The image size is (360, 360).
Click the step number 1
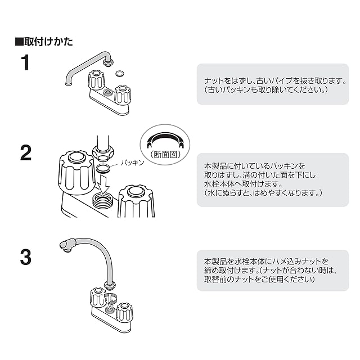pyautogui.click(x=25, y=62)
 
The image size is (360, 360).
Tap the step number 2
pyautogui.click(x=25, y=153)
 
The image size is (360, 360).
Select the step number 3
pyautogui.click(x=25, y=258)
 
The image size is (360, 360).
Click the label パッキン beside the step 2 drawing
pyautogui.click(x=133, y=162)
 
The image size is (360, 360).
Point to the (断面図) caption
pyautogui.click(x=165, y=152)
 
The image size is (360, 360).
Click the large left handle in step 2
pyautogui.click(x=77, y=171)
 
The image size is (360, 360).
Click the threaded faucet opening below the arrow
pyautogui.click(x=104, y=200)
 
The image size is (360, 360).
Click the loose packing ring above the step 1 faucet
pyautogui.click(x=119, y=73)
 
